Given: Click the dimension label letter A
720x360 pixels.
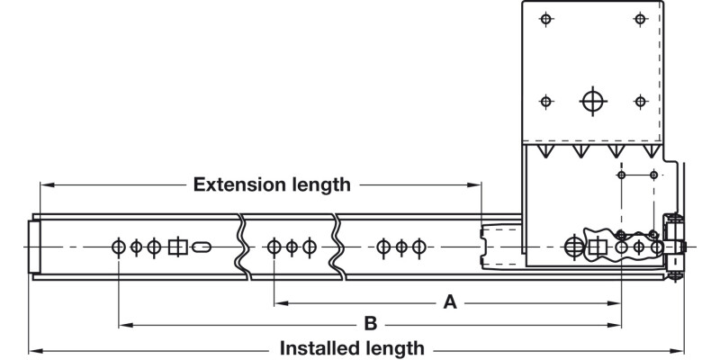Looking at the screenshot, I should (450, 303).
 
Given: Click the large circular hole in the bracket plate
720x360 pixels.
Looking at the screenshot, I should (591, 101).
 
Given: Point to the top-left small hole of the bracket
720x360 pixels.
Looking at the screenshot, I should (544, 19).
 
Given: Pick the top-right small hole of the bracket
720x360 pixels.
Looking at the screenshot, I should (640, 19).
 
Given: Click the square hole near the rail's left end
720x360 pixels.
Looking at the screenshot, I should (177, 247).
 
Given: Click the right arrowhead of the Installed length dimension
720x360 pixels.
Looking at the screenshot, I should (681, 348).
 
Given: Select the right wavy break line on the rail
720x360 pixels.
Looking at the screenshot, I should (337, 245).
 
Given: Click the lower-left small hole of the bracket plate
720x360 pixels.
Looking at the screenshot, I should (544, 101).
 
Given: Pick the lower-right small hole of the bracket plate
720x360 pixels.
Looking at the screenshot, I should (640, 101).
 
